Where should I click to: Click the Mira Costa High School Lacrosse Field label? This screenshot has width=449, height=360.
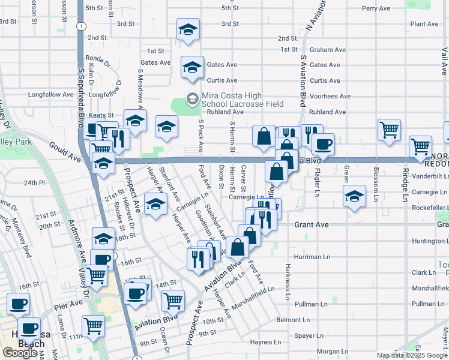point(242,100)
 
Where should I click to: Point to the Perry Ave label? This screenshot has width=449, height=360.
point(376,8)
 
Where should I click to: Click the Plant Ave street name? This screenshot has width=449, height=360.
point(423,24)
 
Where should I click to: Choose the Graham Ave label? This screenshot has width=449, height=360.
point(328,50)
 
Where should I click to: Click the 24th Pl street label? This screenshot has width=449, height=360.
point(36,182)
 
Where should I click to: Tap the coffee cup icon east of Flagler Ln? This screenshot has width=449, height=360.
point(323,144)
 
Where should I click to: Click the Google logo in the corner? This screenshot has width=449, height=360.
point(20,352)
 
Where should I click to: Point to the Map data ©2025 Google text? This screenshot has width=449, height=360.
point(412,355)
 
